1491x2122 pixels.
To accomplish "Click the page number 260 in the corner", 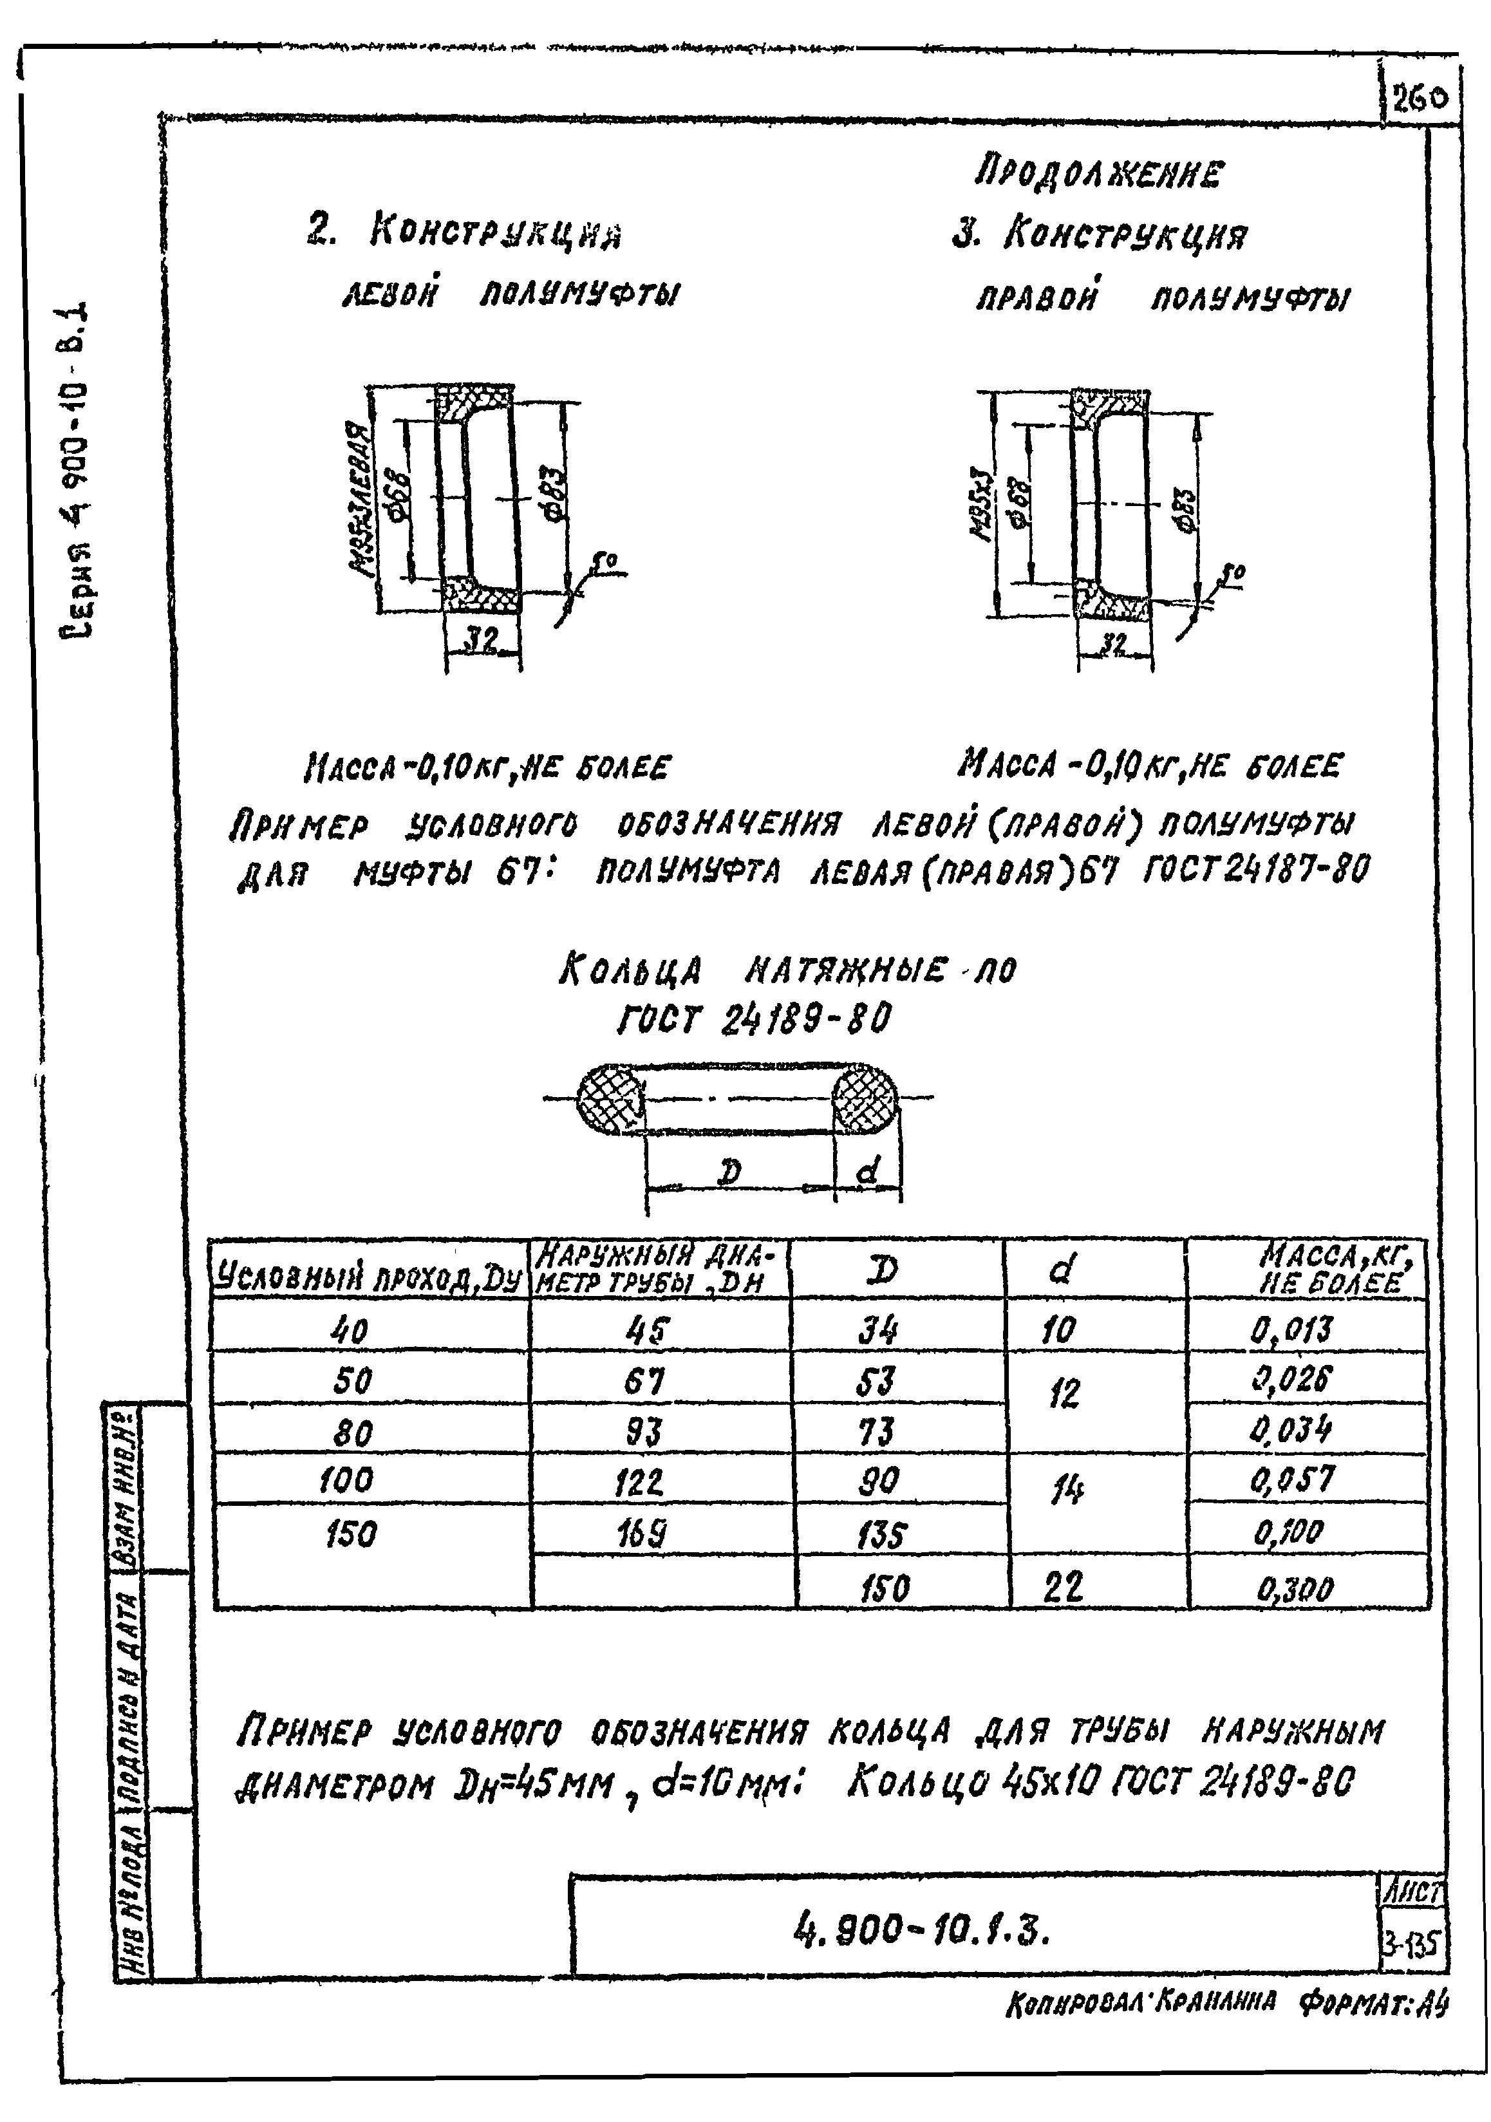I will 1419,98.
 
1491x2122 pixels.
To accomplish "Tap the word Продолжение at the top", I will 1100,173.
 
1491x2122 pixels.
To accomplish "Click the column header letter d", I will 1061,1270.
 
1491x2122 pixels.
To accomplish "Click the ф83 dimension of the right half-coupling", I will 1186,509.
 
